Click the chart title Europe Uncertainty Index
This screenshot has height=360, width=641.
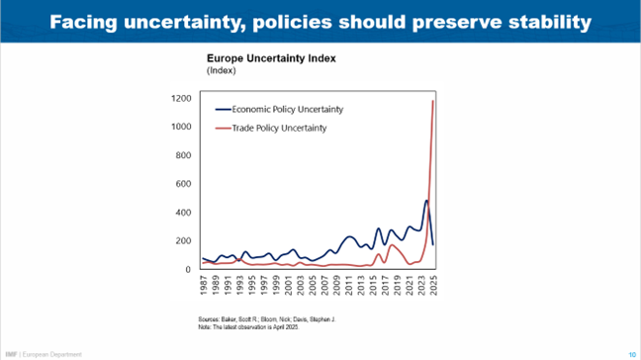(x=270, y=58)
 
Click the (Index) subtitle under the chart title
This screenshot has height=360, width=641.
(x=222, y=72)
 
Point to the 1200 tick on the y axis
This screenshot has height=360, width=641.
(x=180, y=99)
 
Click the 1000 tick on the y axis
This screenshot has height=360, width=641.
(x=180, y=128)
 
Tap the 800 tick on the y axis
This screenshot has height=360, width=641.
(x=183, y=155)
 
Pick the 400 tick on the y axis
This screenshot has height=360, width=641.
(x=183, y=213)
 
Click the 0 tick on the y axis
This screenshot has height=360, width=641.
(x=188, y=269)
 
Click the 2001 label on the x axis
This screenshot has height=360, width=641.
(x=288, y=288)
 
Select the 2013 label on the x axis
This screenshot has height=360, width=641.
(x=360, y=288)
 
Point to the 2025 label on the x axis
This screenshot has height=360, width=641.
(x=433, y=288)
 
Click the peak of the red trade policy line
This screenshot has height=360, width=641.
(x=432, y=101)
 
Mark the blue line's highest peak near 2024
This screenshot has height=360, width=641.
(x=426, y=201)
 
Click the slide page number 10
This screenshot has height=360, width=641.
(x=631, y=353)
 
